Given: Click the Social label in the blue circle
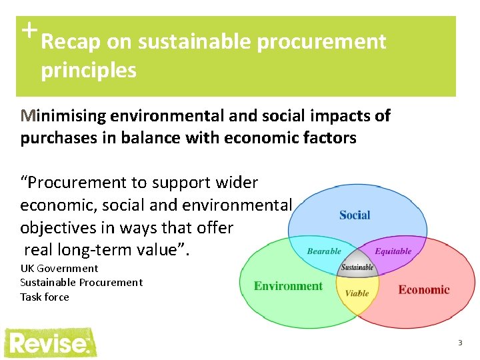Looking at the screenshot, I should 355,215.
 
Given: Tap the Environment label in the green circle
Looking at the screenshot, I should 288,287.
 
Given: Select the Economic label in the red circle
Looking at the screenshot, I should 424,289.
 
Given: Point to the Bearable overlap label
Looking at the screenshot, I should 324,251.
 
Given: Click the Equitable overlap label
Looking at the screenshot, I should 393,251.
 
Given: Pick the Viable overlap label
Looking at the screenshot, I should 357,293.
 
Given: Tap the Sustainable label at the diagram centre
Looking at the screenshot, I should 357,268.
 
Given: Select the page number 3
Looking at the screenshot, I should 459,343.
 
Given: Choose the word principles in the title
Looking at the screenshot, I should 89,70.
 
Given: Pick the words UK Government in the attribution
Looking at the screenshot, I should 59,268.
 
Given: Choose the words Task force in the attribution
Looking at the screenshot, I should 45,297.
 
